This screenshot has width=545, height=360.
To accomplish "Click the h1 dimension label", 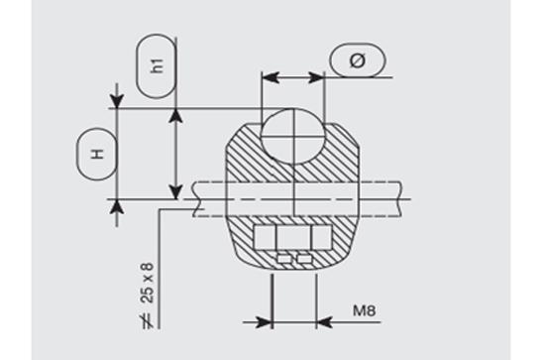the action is pyautogui.click(x=158, y=66).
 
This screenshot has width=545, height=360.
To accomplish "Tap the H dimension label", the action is pyautogui.click(x=98, y=154).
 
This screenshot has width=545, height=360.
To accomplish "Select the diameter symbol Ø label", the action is pyautogui.click(x=358, y=60).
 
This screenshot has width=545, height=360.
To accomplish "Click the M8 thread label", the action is pyautogui.click(x=365, y=310).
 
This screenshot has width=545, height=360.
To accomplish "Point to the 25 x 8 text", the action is pyautogui.click(x=148, y=283).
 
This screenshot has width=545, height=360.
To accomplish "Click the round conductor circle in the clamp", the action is pyautogui.click(x=293, y=136).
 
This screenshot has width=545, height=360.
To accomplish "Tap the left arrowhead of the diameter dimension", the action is pyautogui.click(x=271, y=77).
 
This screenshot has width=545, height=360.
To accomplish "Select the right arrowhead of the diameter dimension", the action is pyautogui.click(x=316, y=77).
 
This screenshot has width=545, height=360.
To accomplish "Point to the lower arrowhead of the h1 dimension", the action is pyautogui.click(x=175, y=192).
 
